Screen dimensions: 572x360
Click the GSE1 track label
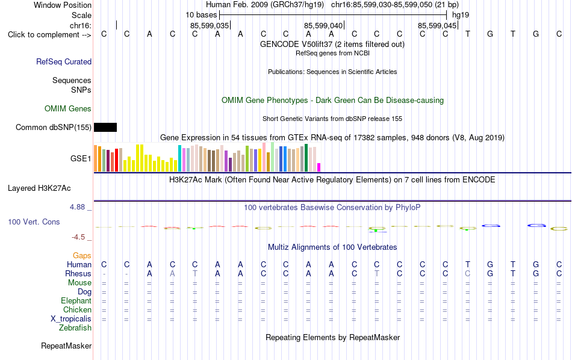click(81, 159)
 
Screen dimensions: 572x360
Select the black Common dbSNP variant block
click(105, 127)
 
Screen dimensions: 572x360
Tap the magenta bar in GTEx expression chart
click(319, 167)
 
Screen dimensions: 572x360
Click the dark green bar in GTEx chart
click(306, 158)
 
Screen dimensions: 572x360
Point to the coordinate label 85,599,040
click(323, 25)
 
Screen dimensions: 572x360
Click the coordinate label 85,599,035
click(210, 25)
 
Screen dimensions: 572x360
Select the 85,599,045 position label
click(437, 25)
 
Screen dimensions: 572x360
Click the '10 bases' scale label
click(201, 15)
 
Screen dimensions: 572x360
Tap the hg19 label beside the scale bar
click(461, 15)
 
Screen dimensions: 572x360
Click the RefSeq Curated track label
click(64, 61)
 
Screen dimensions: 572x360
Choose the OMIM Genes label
click(68, 109)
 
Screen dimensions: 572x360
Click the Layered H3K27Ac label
click(39, 188)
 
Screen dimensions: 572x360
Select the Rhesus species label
click(78, 273)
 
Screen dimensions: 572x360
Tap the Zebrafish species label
click(75, 328)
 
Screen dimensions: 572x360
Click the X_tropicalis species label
click(71, 319)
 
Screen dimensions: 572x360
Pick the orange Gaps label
click(82, 256)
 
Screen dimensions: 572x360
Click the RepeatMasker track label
click(66, 346)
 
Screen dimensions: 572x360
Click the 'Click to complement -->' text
click(49, 35)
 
